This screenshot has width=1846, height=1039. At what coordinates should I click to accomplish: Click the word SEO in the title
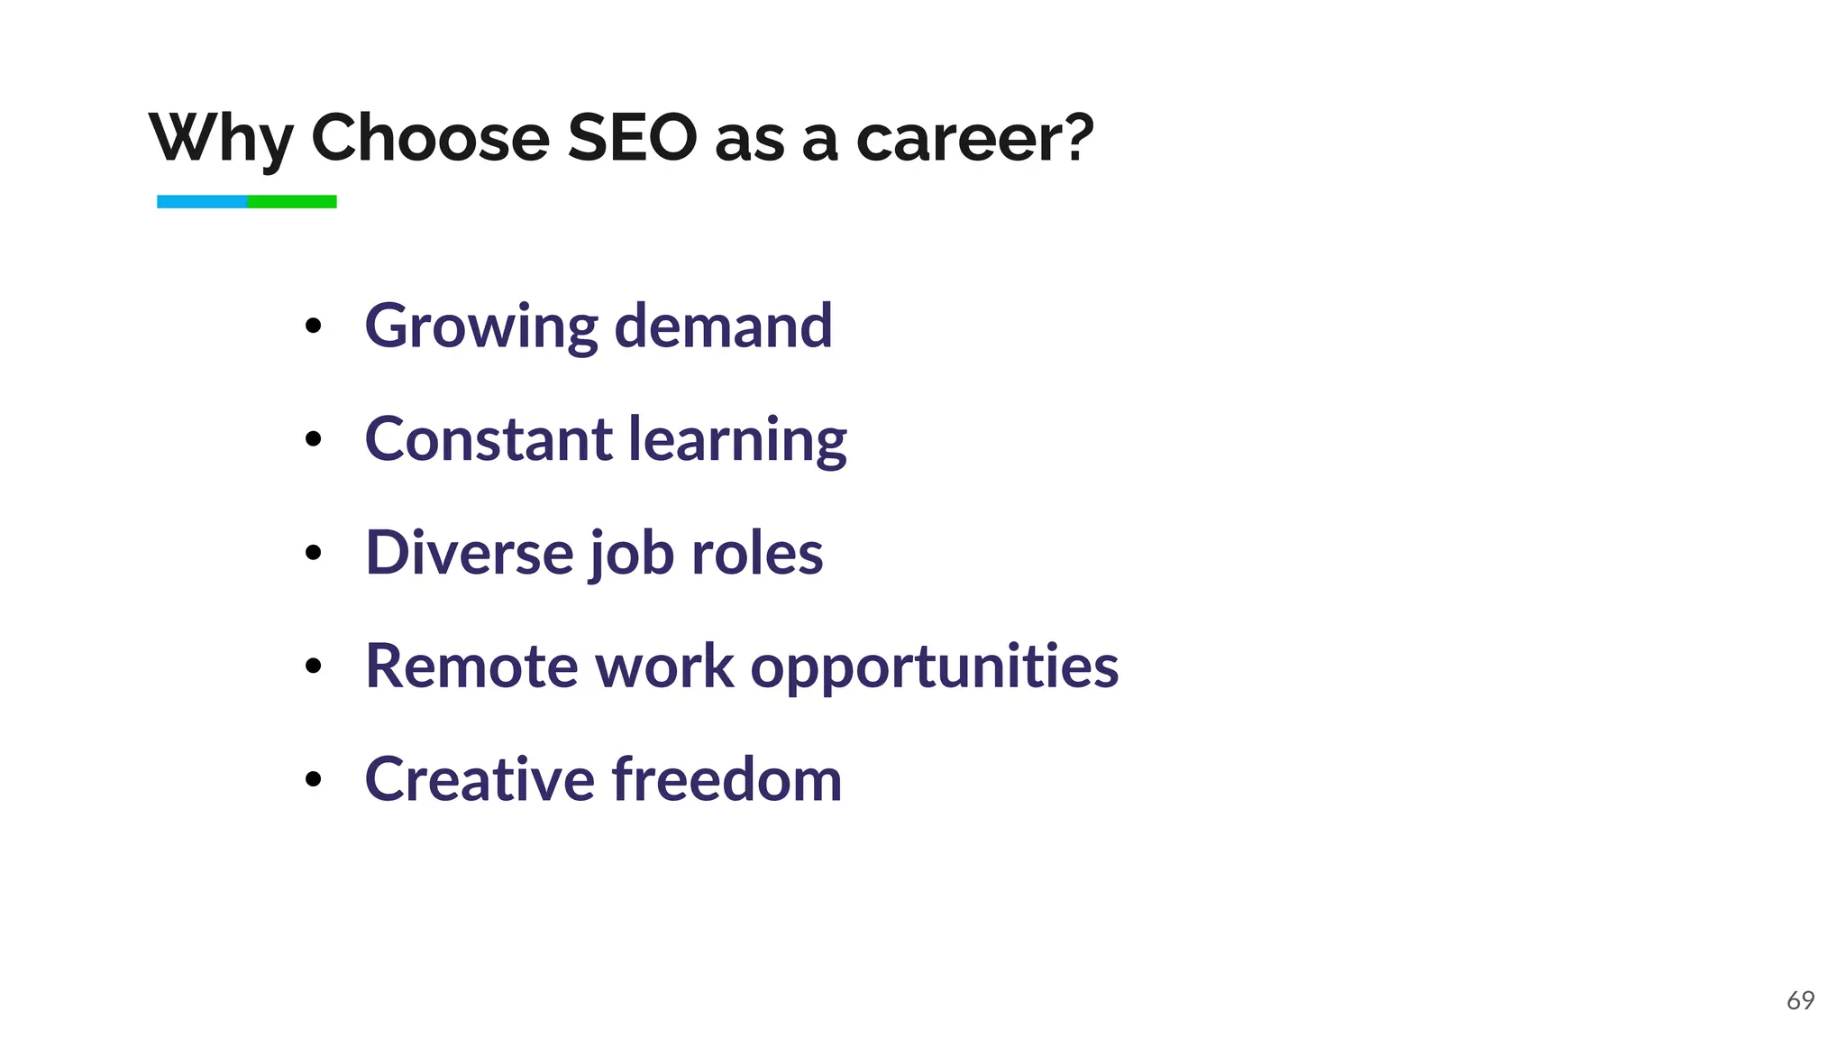pyautogui.click(x=632, y=138)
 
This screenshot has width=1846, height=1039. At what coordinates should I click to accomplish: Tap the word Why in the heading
pyautogui.click(x=222, y=138)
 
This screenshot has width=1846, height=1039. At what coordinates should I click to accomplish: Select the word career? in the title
pyautogui.click(x=974, y=138)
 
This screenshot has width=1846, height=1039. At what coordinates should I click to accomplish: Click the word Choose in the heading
pyautogui.click(x=430, y=138)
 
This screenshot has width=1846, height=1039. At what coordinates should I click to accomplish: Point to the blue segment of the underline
pyautogui.click(x=202, y=202)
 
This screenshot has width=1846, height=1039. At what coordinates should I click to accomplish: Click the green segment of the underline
pyautogui.click(x=292, y=202)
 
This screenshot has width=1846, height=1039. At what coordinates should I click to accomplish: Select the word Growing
pyautogui.click(x=480, y=326)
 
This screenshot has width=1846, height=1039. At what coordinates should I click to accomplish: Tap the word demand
pyautogui.click(x=723, y=326)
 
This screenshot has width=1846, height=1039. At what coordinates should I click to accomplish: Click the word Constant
pyautogui.click(x=488, y=439)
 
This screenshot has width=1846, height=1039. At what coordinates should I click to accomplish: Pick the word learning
pyautogui.click(x=737, y=441)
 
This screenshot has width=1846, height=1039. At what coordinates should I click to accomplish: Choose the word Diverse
pyautogui.click(x=469, y=553)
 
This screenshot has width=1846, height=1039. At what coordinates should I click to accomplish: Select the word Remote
pyautogui.click(x=471, y=667)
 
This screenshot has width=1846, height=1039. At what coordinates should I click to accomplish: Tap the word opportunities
pyautogui.click(x=934, y=668)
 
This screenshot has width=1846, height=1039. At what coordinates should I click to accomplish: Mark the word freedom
pyautogui.click(x=727, y=779)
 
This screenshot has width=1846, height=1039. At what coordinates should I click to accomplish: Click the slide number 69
pyautogui.click(x=1800, y=1000)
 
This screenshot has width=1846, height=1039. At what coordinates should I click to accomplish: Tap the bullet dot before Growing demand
pyautogui.click(x=313, y=326)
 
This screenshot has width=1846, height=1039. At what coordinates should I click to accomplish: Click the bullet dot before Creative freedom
pyautogui.click(x=313, y=779)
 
